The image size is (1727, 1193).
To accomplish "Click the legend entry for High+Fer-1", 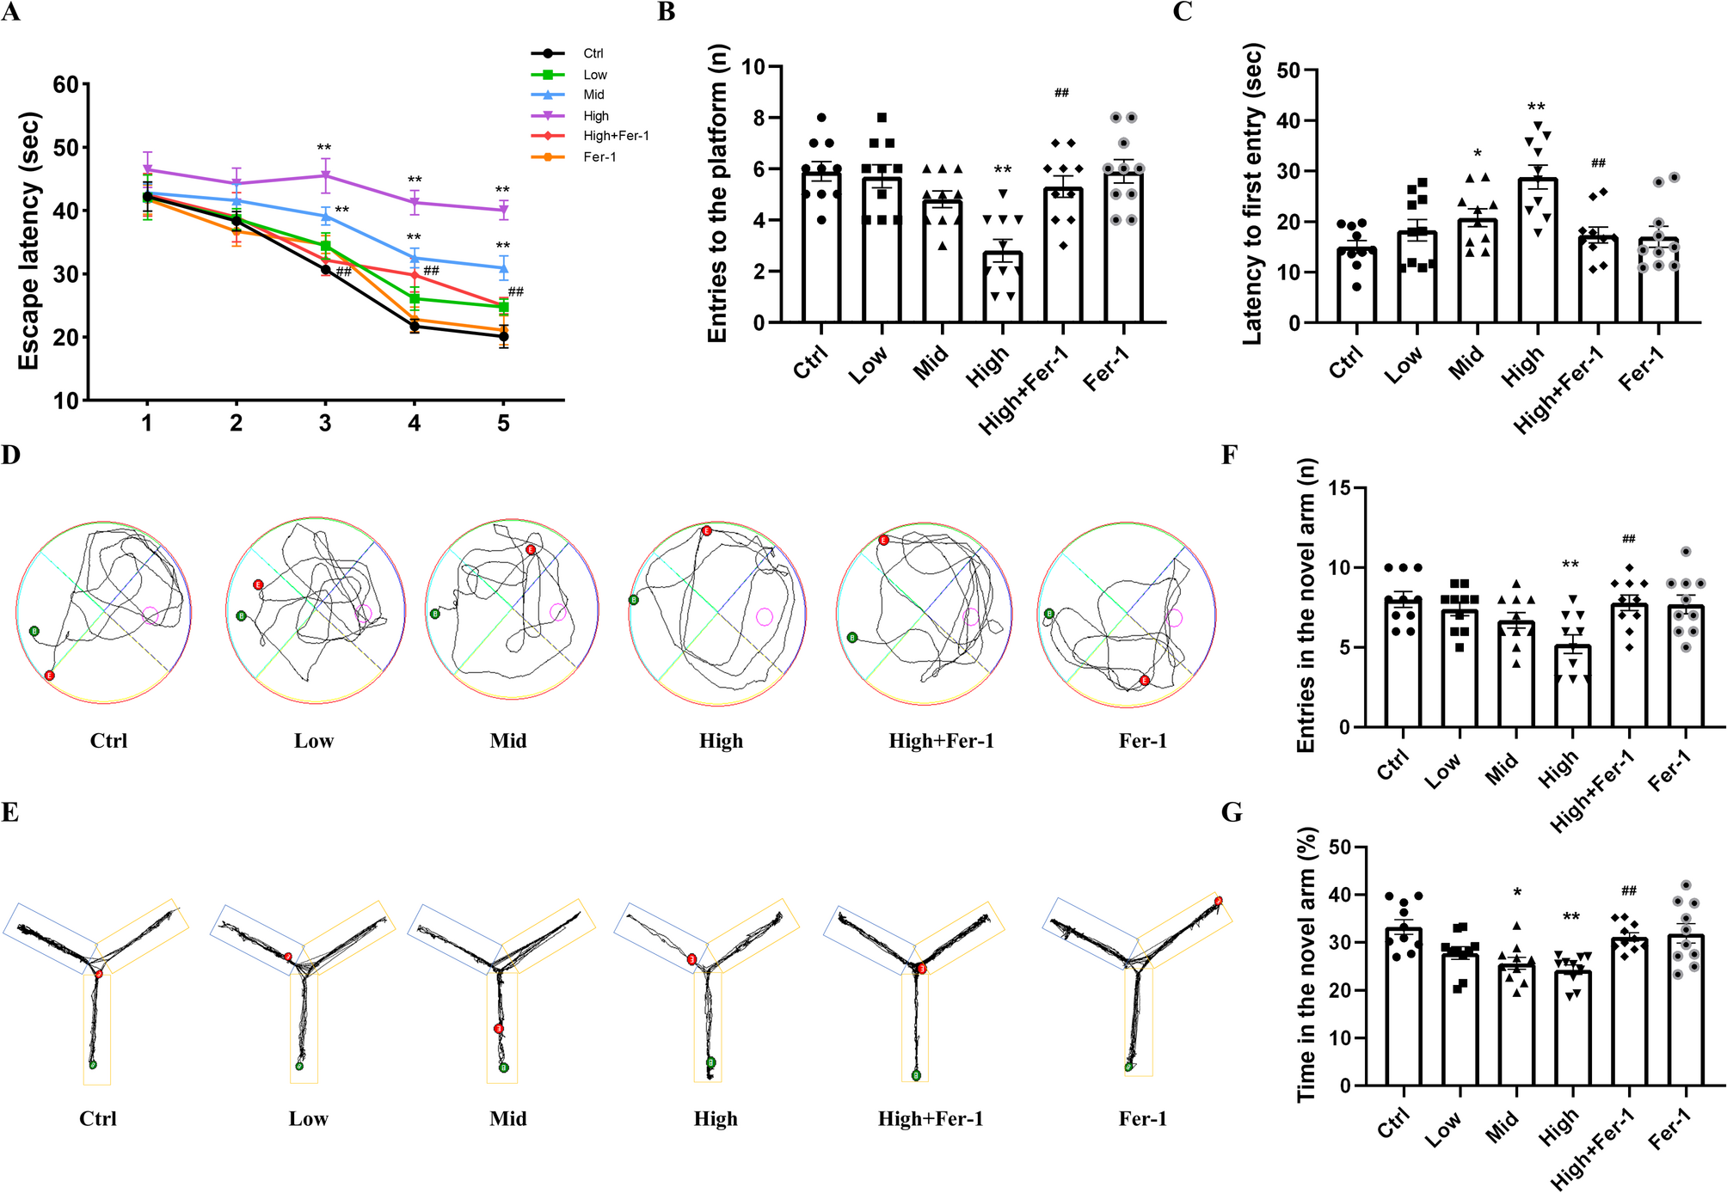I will click(x=615, y=136).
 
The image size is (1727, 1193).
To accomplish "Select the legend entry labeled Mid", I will click(x=593, y=95).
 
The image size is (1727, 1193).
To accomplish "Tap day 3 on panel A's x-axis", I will click(x=325, y=423).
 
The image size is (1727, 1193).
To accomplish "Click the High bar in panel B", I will click(x=1003, y=287).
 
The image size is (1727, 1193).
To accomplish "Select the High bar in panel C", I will click(x=1537, y=250).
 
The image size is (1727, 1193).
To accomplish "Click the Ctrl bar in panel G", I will click(x=1403, y=1006).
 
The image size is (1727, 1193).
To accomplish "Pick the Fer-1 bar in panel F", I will click(x=1686, y=666).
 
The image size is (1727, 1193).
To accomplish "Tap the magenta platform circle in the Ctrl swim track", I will click(x=151, y=615).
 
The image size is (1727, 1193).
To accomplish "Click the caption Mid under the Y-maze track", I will click(x=507, y=1118).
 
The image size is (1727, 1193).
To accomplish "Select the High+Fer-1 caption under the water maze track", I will click(x=941, y=741).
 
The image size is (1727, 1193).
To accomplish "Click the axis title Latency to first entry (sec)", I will click(x=1252, y=194).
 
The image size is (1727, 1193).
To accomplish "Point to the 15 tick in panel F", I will click(x=1338, y=488).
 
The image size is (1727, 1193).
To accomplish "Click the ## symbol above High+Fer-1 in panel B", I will click(x=1062, y=93).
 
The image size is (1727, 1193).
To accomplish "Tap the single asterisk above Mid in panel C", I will click(x=1478, y=154).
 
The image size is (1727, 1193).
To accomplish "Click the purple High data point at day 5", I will click(x=503, y=210).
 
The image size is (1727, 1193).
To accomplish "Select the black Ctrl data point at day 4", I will click(x=415, y=326).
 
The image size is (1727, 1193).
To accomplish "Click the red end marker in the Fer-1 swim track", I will click(x=1144, y=680).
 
